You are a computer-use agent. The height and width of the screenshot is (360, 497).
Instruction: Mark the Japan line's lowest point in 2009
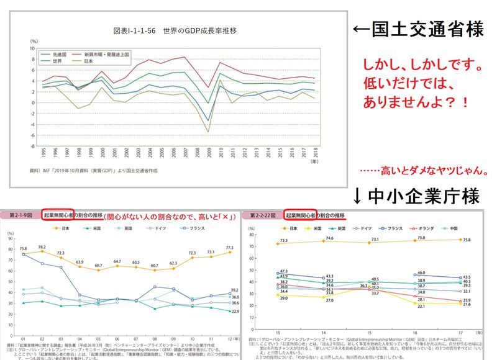coord(207,132)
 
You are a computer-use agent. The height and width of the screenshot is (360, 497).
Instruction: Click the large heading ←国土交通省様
coord(418,30)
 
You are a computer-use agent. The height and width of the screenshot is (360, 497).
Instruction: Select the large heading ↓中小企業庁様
coord(417,197)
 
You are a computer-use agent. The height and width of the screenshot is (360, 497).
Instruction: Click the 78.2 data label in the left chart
coord(42,246)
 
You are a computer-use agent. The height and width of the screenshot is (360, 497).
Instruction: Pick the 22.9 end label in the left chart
coord(235,312)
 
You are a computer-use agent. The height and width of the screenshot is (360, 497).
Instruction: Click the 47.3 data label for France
coord(283,271)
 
